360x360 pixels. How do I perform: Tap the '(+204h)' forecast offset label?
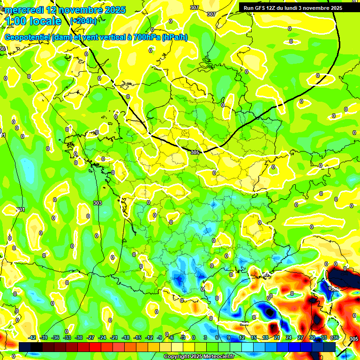(83, 21)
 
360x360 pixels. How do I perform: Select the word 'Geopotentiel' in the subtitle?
(28, 37)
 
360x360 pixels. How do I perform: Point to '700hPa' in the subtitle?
(145, 37)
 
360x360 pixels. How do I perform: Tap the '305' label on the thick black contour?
(195, 152)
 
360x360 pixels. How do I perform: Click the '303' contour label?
(97, 203)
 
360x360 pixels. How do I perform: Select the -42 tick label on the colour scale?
(32, 337)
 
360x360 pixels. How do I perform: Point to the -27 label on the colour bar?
(90, 337)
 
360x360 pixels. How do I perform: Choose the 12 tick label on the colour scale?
(241, 337)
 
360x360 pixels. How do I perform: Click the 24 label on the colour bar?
(288, 337)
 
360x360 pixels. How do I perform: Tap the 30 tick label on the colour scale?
(312, 337)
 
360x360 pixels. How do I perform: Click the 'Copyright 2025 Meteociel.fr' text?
(199, 357)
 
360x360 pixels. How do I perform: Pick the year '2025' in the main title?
(112, 9)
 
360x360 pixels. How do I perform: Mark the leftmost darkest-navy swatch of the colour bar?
(25, 347)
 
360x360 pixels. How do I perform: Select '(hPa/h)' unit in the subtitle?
(174, 37)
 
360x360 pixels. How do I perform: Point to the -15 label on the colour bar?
(137, 337)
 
